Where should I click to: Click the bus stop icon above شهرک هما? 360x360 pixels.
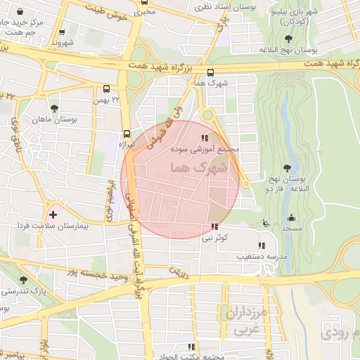click(x=211, y=72)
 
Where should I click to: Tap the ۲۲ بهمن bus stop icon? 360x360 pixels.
click(x=106, y=89)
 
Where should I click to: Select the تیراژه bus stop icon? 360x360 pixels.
click(x=127, y=133)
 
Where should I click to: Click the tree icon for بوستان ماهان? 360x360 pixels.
click(x=54, y=109)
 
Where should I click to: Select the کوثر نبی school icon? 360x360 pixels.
click(x=214, y=227)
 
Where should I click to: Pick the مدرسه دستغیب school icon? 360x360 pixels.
click(x=262, y=245)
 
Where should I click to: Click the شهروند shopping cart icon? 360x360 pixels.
click(x=63, y=32)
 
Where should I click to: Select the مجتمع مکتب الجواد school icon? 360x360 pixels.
click(x=191, y=347)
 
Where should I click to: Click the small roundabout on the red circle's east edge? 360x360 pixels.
click(x=245, y=184)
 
